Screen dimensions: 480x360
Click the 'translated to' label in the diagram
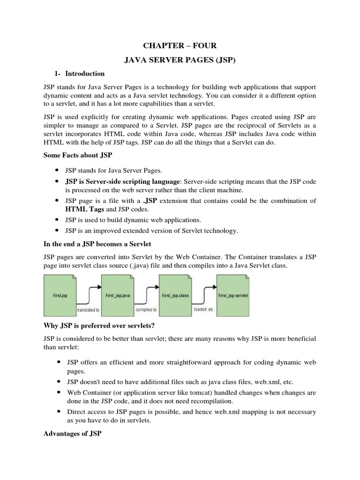[87, 310]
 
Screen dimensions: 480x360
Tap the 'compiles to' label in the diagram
[145, 310]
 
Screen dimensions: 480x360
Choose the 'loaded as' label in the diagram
[203, 309]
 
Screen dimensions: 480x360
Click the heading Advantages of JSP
[72, 434]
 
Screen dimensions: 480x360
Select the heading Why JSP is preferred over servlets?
[98, 325]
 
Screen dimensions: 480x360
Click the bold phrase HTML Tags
[82, 209]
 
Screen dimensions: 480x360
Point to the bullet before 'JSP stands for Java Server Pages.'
[57, 171]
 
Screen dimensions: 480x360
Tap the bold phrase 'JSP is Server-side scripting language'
[122, 181]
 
